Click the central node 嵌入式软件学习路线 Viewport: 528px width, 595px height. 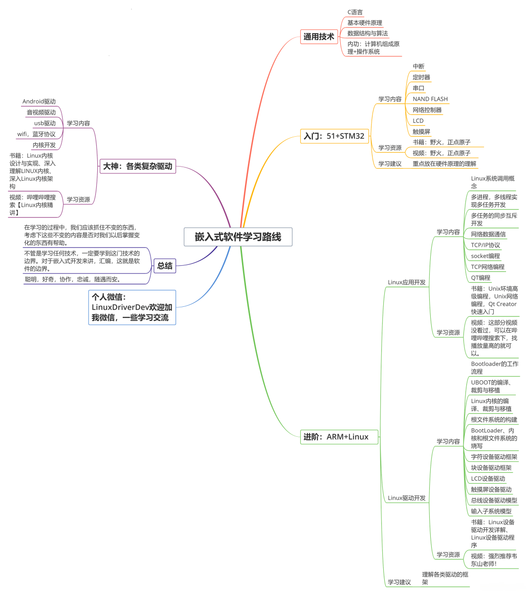(238, 237)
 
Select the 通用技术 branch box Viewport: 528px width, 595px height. (319, 37)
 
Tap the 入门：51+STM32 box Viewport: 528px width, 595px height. (334, 136)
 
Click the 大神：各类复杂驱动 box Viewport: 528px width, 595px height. (137, 166)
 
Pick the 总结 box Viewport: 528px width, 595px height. (165, 266)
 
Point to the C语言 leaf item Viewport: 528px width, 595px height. (355, 12)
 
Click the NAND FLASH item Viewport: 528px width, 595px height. (430, 99)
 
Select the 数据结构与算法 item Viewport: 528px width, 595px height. (368, 33)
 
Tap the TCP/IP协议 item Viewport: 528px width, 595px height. (485, 245)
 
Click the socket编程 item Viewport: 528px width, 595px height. (485, 255)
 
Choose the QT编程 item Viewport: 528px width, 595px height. (481, 277)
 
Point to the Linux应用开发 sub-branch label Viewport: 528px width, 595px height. (406, 282)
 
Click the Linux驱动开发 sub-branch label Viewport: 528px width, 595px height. (406, 498)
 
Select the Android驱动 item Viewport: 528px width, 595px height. (39, 102)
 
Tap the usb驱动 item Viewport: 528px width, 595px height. (45, 123)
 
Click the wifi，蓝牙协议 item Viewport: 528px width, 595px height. (36, 134)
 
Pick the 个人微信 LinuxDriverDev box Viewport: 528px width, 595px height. (132, 307)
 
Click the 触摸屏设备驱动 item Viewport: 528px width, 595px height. (491, 489)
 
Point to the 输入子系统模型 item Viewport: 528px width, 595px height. (491, 511)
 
